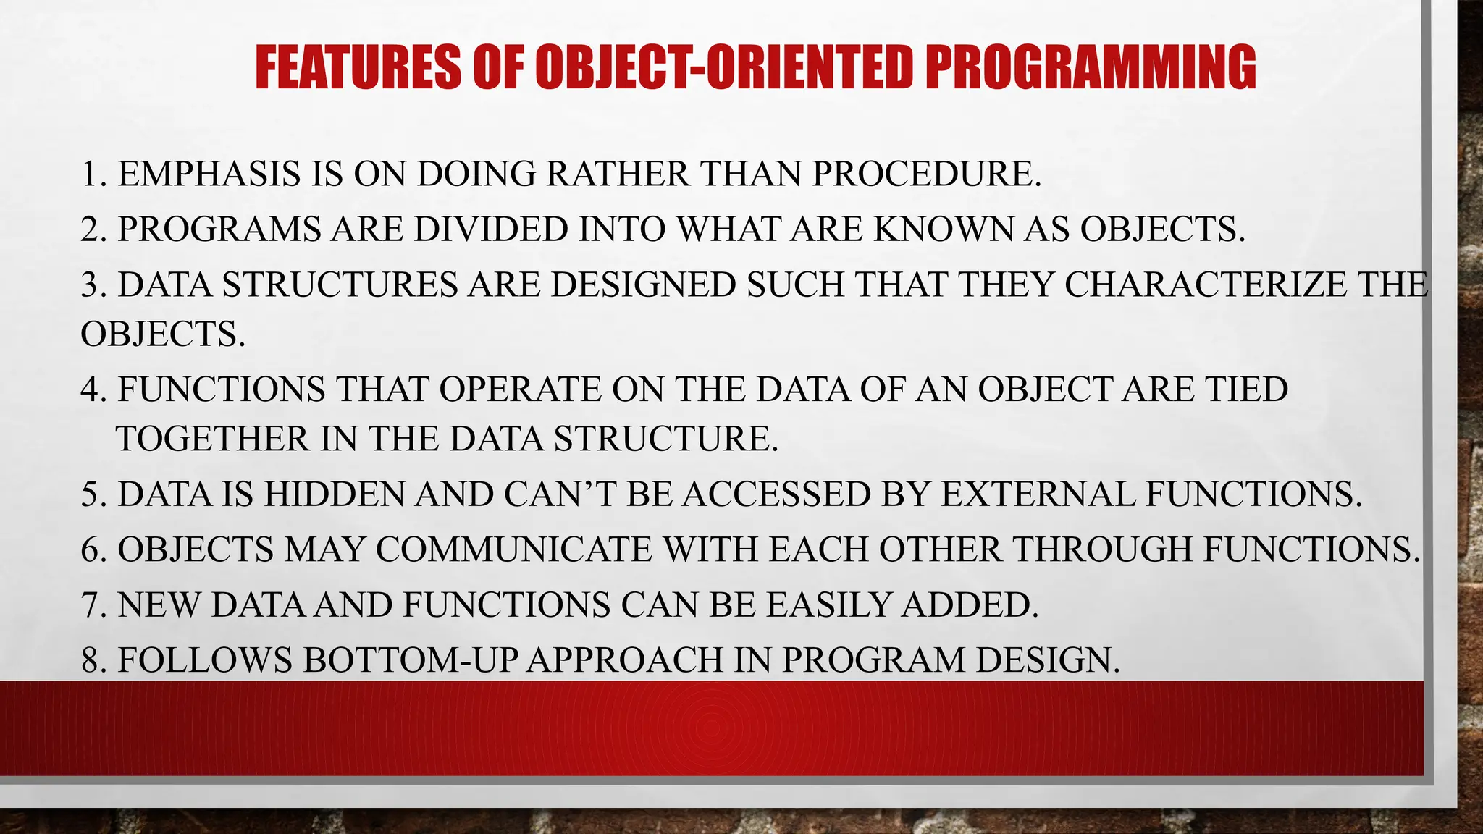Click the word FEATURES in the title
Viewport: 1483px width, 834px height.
click(x=358, y=67)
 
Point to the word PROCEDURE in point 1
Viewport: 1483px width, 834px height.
click(x=926, y=174)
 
